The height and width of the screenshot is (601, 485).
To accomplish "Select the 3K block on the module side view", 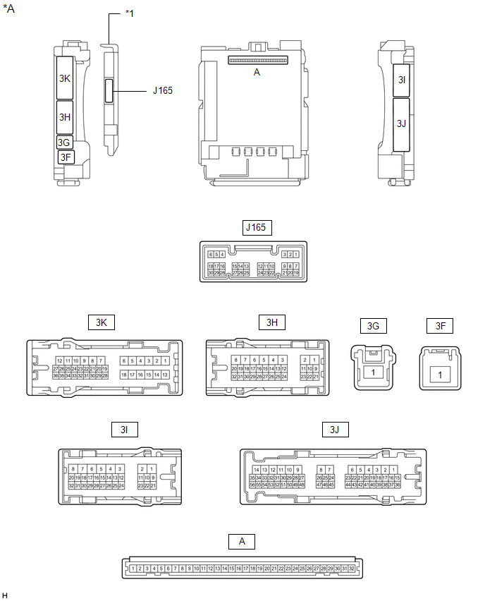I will pos(66,78).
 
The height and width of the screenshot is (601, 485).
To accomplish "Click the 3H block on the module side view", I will pos(66,117).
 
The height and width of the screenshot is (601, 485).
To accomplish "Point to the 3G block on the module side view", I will pos(64,142).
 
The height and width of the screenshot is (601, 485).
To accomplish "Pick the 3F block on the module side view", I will pos(66,157).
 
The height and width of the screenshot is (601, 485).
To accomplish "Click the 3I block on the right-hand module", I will pos(402,80).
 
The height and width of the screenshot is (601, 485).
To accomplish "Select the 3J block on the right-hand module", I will pos(402,123).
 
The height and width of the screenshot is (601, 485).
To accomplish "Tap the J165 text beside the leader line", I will pos(162,90).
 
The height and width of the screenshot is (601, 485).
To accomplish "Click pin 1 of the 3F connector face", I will pos(440,375).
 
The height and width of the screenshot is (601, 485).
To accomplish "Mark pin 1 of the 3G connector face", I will pos(373,372).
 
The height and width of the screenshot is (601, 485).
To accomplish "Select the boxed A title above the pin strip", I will pos(242,541).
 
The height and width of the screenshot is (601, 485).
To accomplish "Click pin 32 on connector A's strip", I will pos(351,568).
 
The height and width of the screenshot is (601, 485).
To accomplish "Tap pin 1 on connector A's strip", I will pos(133,568).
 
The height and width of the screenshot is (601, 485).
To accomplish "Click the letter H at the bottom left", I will pos(5,596).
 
